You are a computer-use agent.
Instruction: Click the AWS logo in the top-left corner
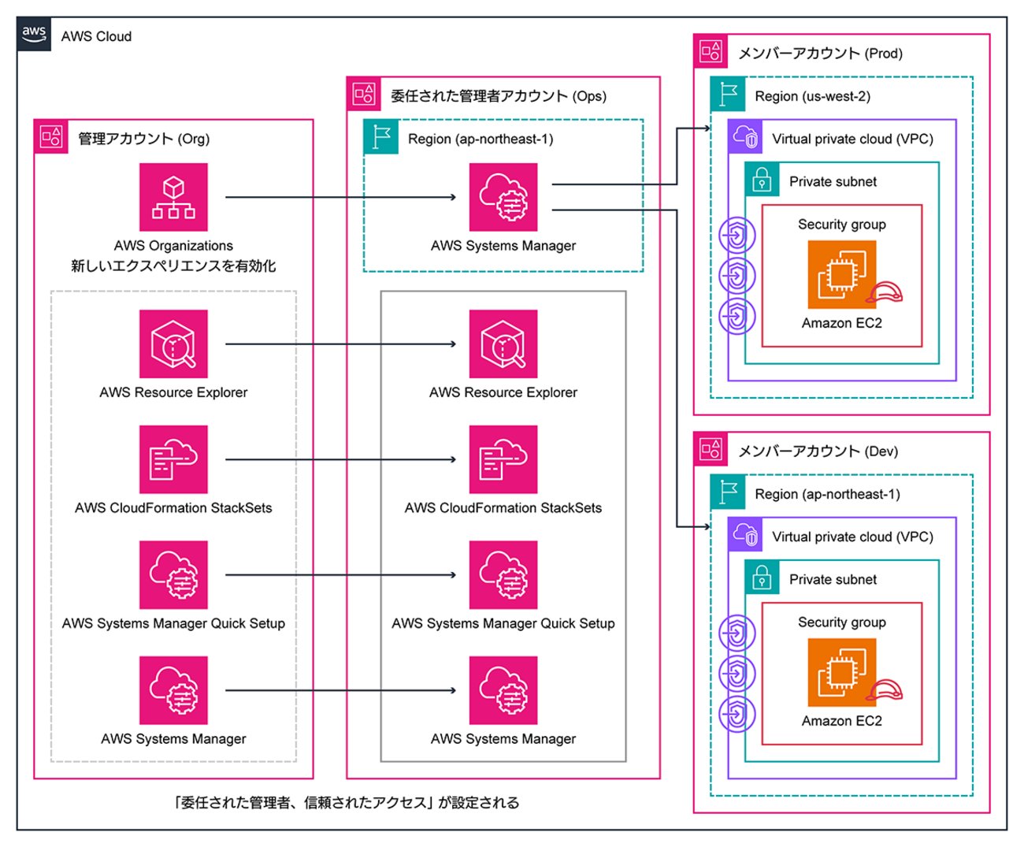click(34, 35)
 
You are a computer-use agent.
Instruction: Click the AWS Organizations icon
click(173, 197)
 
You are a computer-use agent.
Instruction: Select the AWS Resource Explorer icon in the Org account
click(173, 344)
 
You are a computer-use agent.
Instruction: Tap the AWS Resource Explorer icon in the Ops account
click(503, 344)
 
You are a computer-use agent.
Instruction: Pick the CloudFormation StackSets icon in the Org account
click(173, 459)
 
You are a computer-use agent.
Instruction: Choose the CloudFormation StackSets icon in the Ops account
click(503, 459)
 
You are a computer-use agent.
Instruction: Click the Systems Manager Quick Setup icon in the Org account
click(173, 574)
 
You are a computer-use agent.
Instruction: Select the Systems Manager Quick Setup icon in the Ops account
click(503, 574)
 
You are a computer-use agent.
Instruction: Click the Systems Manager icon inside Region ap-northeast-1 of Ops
click(503, 197)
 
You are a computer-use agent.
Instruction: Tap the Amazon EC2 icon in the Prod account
click(841, 275)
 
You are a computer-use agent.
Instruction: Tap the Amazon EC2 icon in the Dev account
click(841, 673)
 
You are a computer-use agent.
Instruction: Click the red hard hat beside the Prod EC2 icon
click(885, 293)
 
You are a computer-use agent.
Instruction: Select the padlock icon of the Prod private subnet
click(762, 180)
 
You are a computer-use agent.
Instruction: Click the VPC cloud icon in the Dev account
click(744, 535)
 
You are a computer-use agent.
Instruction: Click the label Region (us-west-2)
click(812, 96)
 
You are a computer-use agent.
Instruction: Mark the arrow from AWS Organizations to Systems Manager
click(340, 197)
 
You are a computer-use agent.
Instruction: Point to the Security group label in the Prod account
click(841, 225)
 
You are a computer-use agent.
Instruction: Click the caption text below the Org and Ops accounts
click(347, 803)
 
